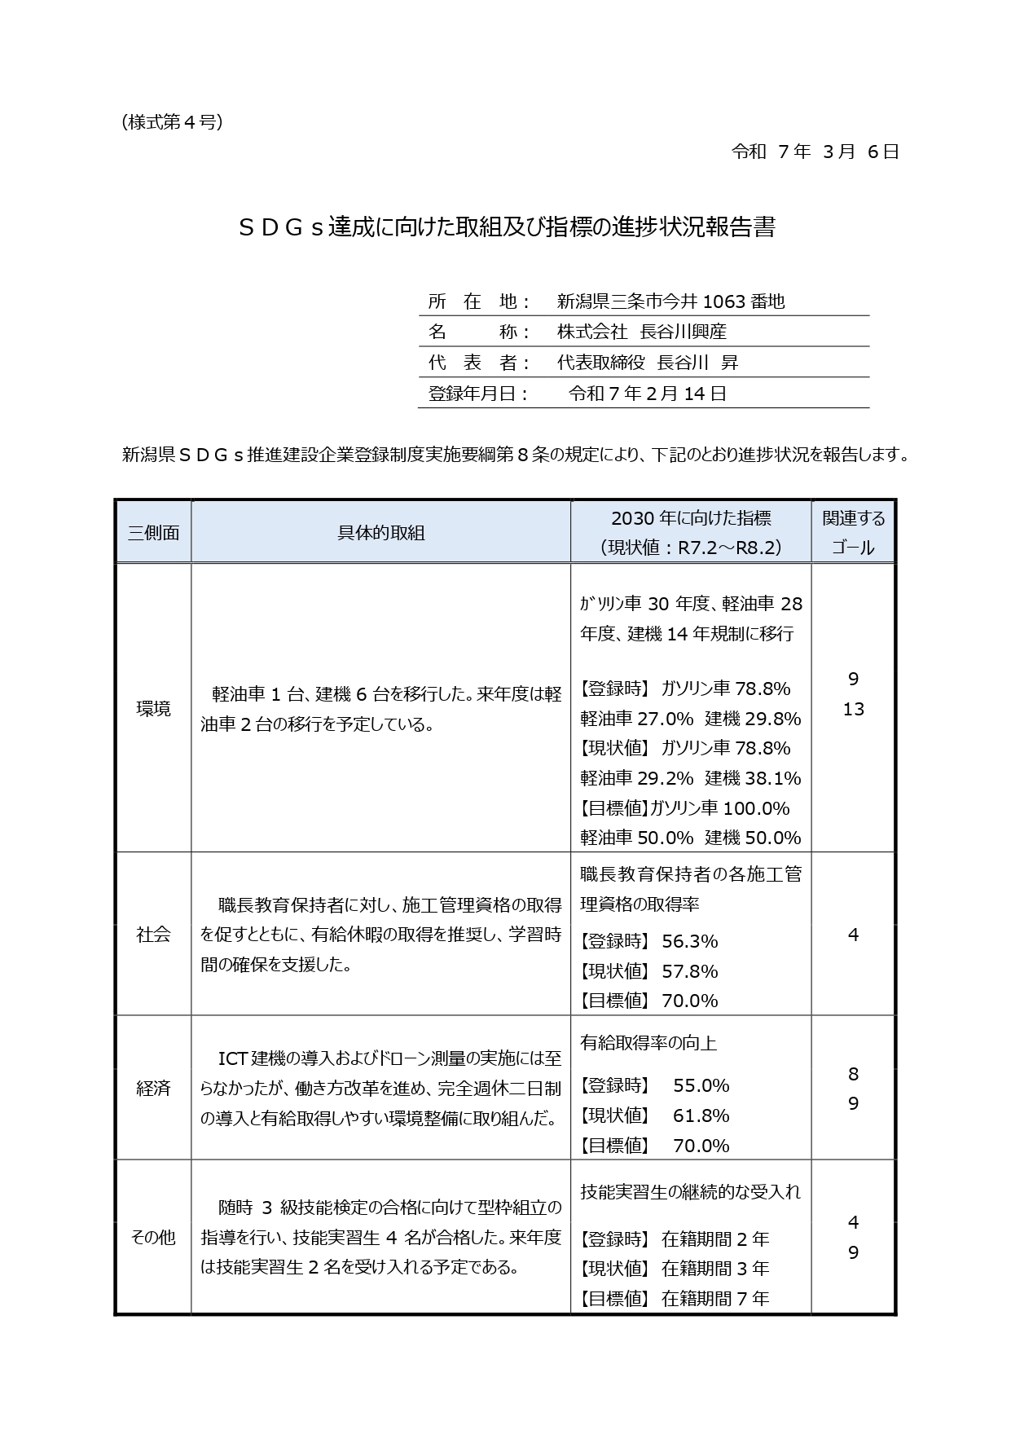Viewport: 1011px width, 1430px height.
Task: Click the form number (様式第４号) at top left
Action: click(x=171, y=122)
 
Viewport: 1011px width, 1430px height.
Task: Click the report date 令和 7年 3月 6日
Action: click(x=815, y=152)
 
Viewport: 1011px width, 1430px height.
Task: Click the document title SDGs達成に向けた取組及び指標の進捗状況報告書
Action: click(x=505, y=227)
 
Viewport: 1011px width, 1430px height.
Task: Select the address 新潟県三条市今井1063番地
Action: click(x=670, y=301)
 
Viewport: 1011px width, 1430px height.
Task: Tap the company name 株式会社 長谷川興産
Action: click(x=641, y=332)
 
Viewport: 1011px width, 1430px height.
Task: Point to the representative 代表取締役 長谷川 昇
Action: click(x=647, y=363)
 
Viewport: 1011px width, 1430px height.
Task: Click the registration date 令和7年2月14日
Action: click(x=647, y=394)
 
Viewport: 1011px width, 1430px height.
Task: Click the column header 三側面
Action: click(x=153, y=533)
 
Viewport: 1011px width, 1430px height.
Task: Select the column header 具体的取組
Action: click(x=380, y=533)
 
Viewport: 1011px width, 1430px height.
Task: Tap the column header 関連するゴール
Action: click(x=853, y=533)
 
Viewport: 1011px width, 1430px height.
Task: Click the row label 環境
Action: click(x=153, y=709)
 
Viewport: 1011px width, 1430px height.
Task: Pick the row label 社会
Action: click(x=153, y=935)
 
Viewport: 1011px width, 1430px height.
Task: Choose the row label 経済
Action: click(x=153, y=1088)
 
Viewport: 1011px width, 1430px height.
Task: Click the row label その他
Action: click(x=153, y=1237)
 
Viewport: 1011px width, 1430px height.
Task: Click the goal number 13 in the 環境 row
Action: click(x=853, y=710)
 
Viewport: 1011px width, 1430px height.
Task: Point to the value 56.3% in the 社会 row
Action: click(x=689, y=942)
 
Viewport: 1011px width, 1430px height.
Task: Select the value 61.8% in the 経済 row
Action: click(x=701, y=1115)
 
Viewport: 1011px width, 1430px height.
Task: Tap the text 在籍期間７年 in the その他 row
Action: click(x=715, y=1299)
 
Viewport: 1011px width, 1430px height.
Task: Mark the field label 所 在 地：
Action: click(x=479, y=301)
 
